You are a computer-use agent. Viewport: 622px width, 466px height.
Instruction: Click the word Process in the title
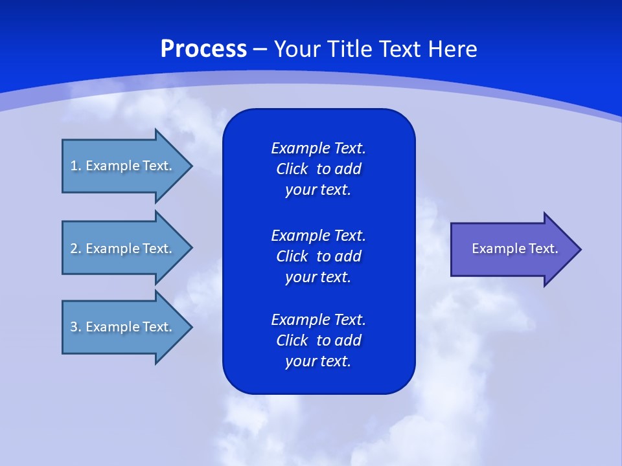point(203,49)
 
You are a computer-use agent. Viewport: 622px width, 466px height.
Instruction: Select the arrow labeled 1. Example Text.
point(123,166)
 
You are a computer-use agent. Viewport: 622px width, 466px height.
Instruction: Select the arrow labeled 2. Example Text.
point(123,249)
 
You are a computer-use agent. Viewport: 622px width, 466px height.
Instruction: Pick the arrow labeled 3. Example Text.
point(123,327)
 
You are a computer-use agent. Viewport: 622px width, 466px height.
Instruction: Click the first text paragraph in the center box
point(318,169)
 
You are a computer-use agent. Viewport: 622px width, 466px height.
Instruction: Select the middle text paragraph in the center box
point(318,256)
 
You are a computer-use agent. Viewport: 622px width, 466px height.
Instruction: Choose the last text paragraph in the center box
point(318,340)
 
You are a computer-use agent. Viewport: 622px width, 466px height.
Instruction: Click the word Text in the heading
point(401,49)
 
